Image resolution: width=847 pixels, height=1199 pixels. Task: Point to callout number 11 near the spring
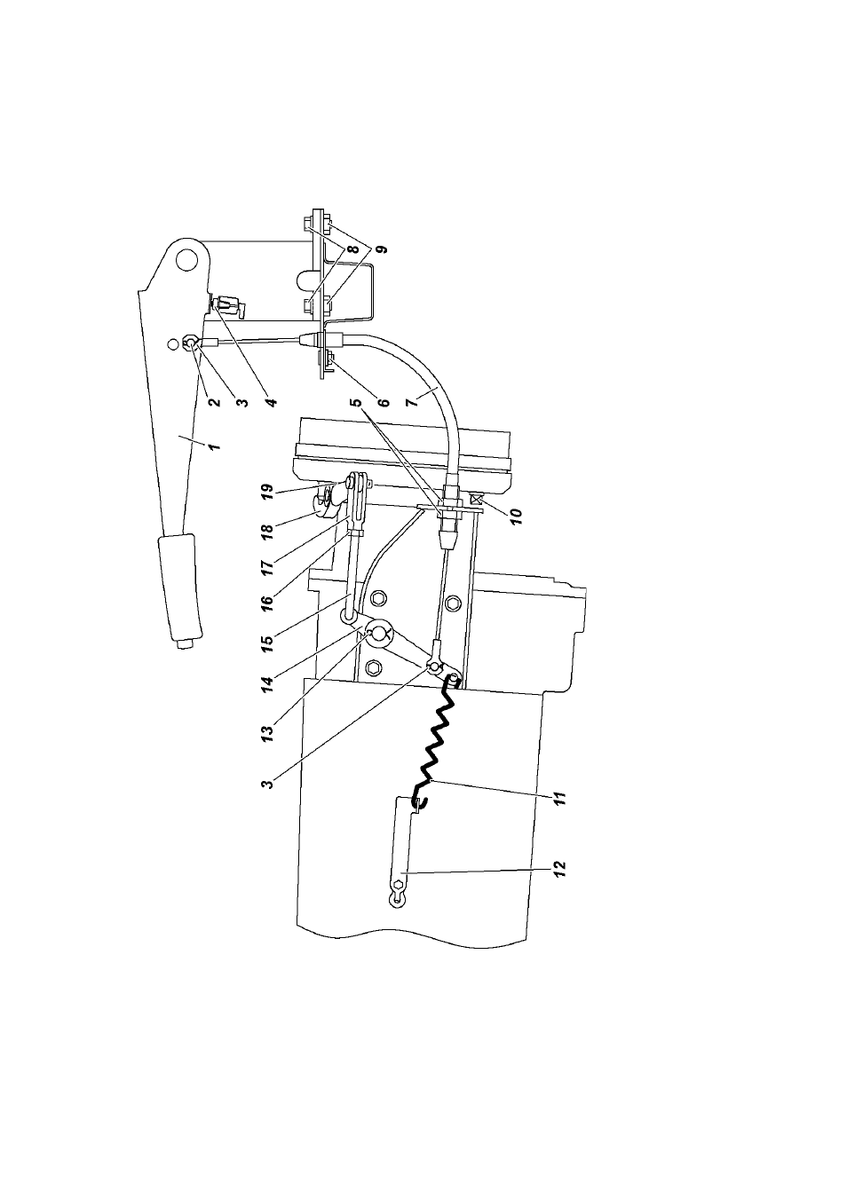pyautogui.click(x=559, y=799)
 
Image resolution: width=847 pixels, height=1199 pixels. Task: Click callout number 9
pyautogui.click(x=384, y=248)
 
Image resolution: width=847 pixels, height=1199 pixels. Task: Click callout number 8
pyautogui.click(x=355, y=248)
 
